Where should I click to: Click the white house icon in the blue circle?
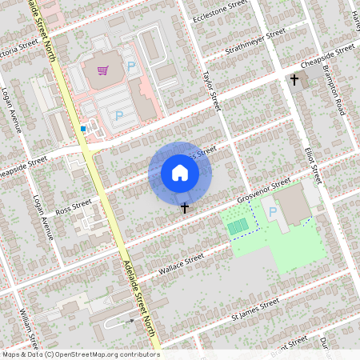pyautogui.click(x=180, y=173)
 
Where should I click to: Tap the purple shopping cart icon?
pyautogui.click(x=102, y=70)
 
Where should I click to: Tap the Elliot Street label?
pyautogui.click(x=312, y=163)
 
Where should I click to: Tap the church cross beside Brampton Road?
pyautogui.click(x=294, y=80)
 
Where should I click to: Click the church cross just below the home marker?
pyautogui.click(x=186, y=208)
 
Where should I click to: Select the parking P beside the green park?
pyautogui.click(x=273, y=212)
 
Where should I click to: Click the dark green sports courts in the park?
pyautogui.click(x=238, y=227)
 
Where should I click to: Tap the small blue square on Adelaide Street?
pyautogui.click(x=83, y=128)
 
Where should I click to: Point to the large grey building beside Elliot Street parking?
pyautogui.click(x=296, y=204)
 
